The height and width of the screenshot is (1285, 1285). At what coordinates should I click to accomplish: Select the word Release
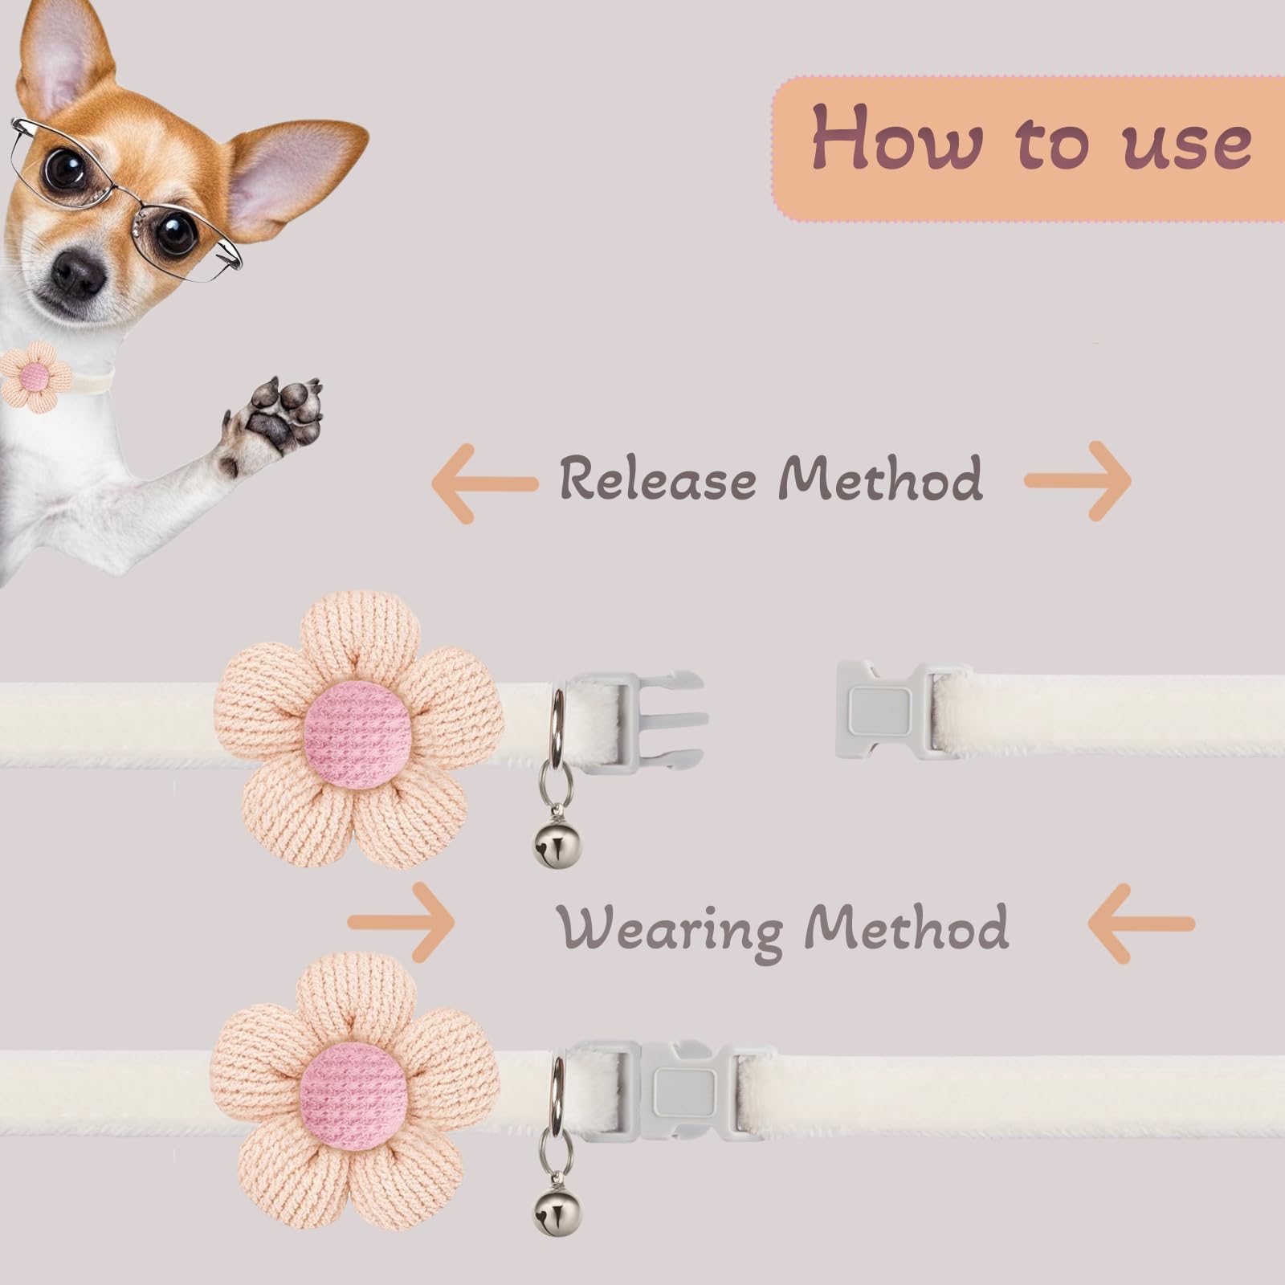[658, 479]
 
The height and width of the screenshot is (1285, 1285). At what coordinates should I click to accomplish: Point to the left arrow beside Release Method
[483, 483]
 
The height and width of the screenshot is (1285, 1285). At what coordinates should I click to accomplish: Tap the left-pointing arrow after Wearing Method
[1140, 924]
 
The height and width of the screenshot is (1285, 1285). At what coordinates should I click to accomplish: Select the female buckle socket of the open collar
[883, 708]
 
